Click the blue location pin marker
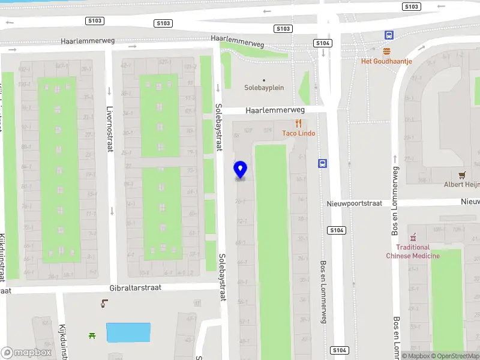(x=241, y=170)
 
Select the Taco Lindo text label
(x=298, y=133)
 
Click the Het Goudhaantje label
(x=386, y=61)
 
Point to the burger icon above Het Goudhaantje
(x=387, y=50)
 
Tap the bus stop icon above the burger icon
(x=389, y=35)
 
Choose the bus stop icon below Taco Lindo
(x=323, y=163)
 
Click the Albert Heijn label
(x=461, y=185)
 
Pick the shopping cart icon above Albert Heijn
(x=461, y=175)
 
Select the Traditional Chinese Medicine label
(x=413, y=251)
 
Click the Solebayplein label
(x=264, y=88)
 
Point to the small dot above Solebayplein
(x=263, y=80)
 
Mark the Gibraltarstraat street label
(x=136, y=288)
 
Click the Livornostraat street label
(x=110, y=129)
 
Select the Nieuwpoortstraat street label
(x=355, y=203)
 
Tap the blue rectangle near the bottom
(x=128, y=332)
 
